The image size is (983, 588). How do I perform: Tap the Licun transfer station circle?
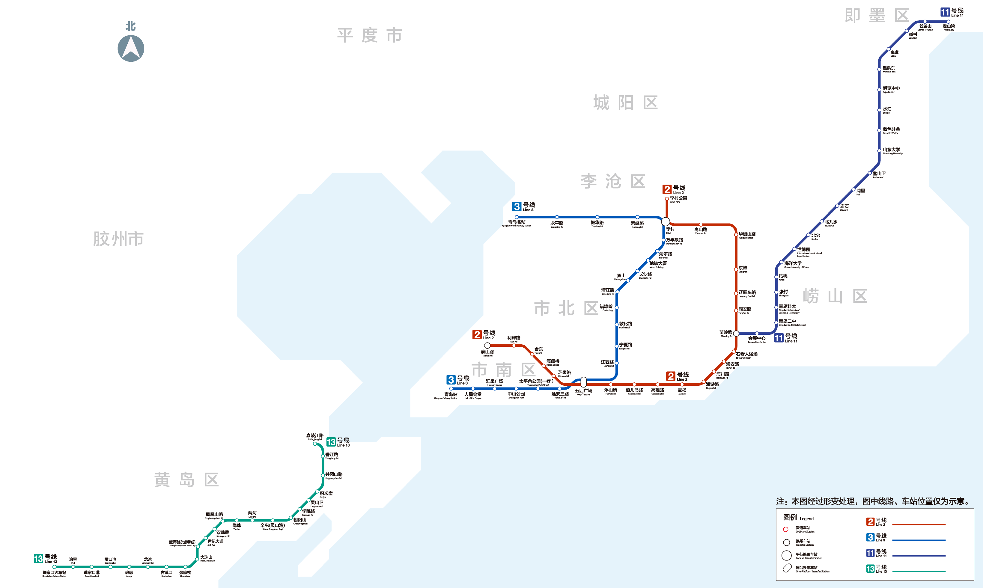[666, 221]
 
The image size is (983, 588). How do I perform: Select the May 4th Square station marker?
[583, 382]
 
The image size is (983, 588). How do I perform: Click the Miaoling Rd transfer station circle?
[736, 334]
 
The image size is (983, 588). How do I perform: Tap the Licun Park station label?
[678, 199]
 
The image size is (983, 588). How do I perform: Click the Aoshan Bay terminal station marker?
[949, 22]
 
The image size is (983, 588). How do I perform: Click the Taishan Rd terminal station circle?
[487, 346]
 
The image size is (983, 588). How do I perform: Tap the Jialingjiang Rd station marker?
[315, 444]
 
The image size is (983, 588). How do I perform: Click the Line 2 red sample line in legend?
[919, 524]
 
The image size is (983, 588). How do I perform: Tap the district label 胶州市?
[118, 239]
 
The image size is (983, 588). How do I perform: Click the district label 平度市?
[369, 35]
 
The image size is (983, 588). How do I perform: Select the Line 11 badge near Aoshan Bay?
[945, 12]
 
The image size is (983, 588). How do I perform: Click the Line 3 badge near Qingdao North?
[517, 206]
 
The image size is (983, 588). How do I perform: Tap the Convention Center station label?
[757, 339]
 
